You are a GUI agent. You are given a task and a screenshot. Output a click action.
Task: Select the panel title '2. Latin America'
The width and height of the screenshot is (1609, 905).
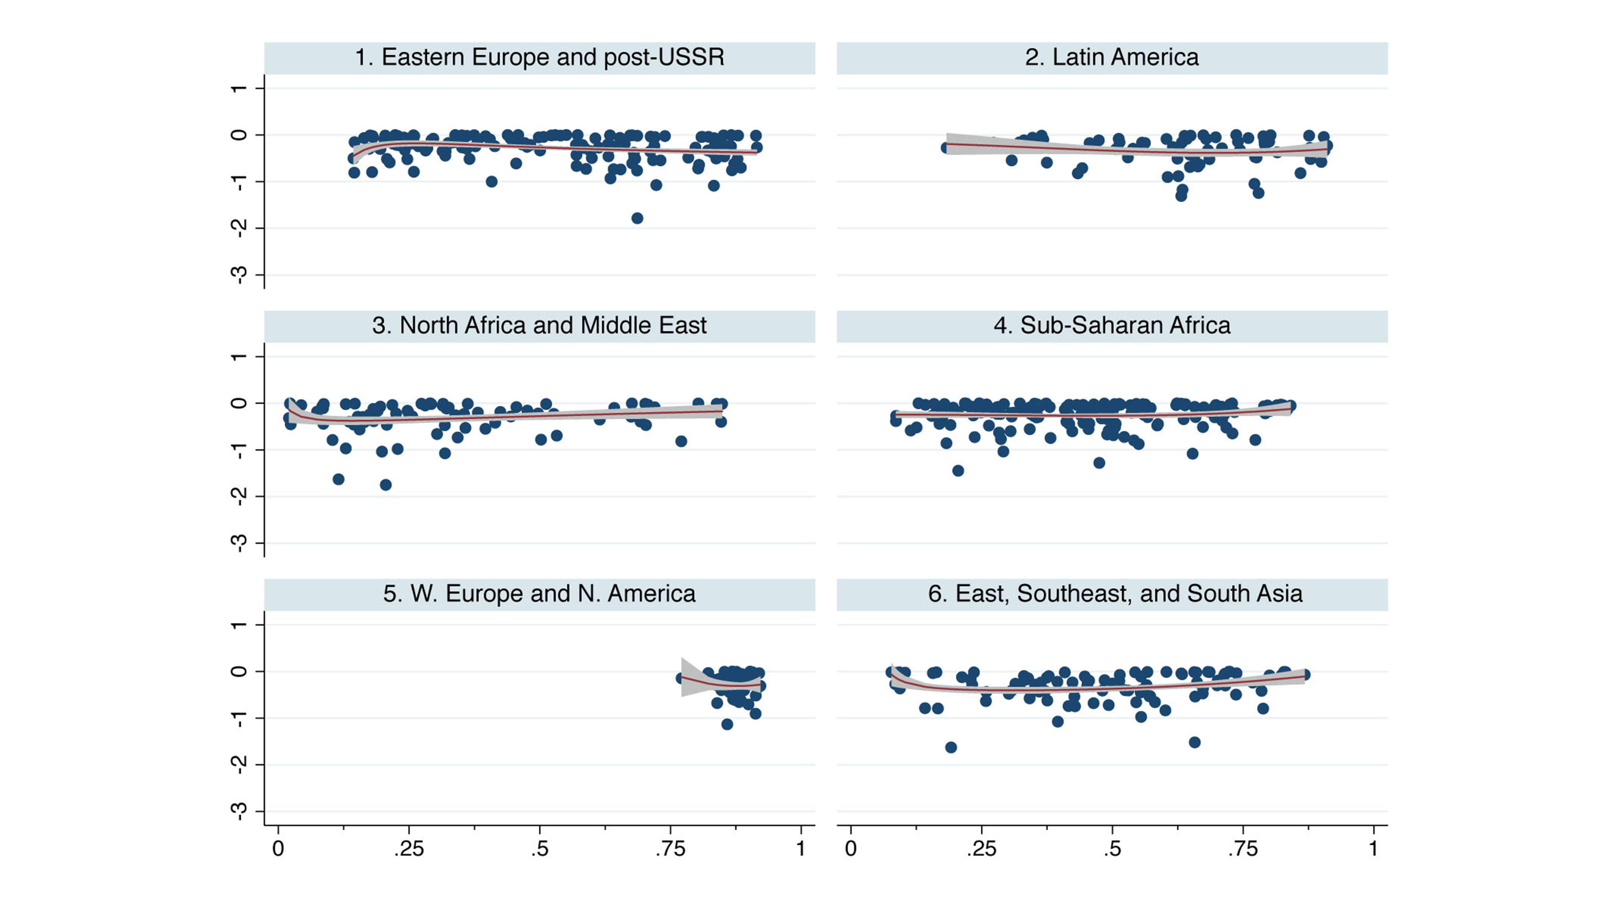click(1112, 57)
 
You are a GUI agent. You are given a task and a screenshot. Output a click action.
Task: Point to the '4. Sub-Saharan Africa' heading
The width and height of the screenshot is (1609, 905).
click(1112, 325)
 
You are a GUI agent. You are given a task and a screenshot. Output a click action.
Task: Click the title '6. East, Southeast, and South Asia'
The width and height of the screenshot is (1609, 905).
click(1115, 594)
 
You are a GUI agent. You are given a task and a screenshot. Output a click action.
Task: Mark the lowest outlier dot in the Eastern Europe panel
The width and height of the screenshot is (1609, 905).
click(637, 218)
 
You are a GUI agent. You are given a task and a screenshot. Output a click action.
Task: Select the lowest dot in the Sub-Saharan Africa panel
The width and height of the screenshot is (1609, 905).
click(958, 470)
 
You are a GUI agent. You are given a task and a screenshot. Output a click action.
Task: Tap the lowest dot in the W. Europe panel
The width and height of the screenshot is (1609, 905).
click(727, 724)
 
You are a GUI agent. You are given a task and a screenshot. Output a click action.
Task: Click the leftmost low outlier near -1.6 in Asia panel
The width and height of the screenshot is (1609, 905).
click(951, 747)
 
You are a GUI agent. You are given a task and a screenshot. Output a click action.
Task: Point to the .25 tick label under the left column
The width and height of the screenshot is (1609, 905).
click(409, 849)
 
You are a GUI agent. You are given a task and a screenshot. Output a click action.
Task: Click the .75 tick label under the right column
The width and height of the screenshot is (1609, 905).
click(1242, 849)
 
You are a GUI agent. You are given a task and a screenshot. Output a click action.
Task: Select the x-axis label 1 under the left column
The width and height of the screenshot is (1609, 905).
click(801, 849)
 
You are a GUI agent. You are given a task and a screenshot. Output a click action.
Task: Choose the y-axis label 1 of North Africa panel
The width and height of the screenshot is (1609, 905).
click(238, 357)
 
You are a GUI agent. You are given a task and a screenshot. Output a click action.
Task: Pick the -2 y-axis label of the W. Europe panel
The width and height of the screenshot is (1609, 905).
click(238, 764)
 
